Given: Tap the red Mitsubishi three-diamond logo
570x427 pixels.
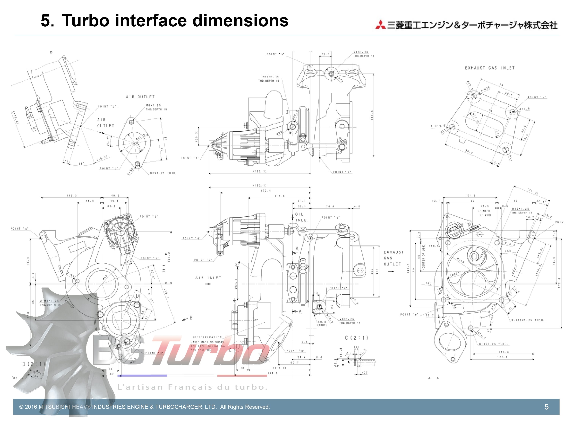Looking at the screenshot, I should [x=380, y=24].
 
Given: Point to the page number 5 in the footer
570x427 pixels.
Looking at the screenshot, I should [x=546, y=407].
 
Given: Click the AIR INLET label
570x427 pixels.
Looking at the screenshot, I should [x=208, y=278].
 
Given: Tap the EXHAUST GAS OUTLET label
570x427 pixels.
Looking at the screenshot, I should [x=393, y=258].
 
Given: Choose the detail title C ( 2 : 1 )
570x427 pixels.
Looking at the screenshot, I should [x=357, y=338].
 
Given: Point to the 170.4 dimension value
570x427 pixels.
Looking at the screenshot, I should [x=265, y=191].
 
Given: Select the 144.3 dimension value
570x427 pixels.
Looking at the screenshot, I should [x=272, y=373].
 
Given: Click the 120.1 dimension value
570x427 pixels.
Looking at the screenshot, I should [x=503, y=357].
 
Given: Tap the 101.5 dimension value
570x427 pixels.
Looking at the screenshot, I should [x=470, y=196].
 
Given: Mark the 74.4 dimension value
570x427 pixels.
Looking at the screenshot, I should [x=330, y=206].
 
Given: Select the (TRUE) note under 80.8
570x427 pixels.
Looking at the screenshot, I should [x=322, y=325].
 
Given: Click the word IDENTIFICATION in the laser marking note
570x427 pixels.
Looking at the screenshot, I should [x=207, y=337].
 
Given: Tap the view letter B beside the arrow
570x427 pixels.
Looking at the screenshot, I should [x=191, y=318].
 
